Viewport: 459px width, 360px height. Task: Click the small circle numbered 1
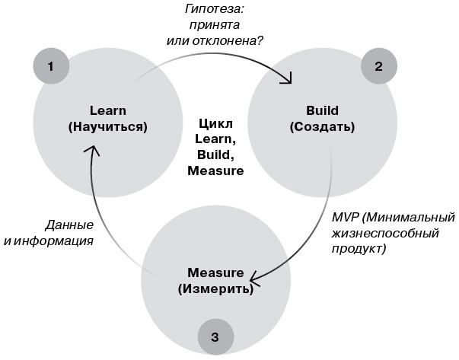pos(50,66)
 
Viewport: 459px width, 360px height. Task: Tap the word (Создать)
pos(322,126)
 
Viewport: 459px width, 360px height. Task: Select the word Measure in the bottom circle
pos(215,272)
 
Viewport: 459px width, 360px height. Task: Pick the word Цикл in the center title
pos(215,124)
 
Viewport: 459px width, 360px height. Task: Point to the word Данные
pos(69,225)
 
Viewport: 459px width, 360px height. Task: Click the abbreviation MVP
pos(343,217)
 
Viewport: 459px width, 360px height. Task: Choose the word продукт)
pos(359,249)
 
